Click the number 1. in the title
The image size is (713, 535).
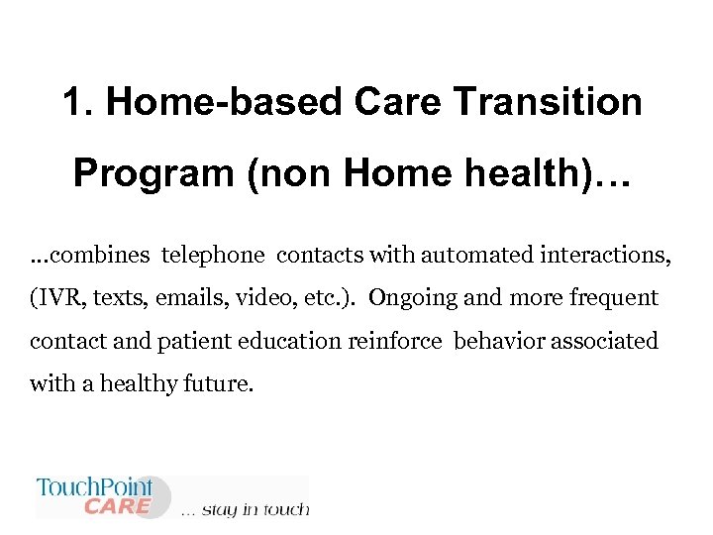coord(78,102)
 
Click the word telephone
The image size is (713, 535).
coord(214,256)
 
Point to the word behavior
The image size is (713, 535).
coord(497,341)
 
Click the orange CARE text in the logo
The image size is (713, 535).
coord(117,506)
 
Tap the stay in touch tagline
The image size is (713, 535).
coord(246,510)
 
